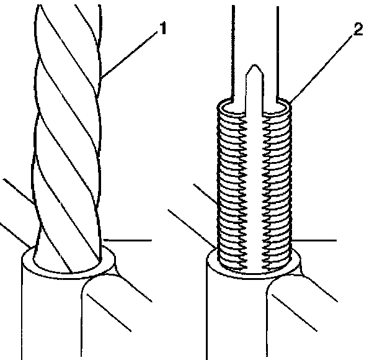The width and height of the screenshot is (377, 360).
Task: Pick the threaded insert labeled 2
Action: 254,186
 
